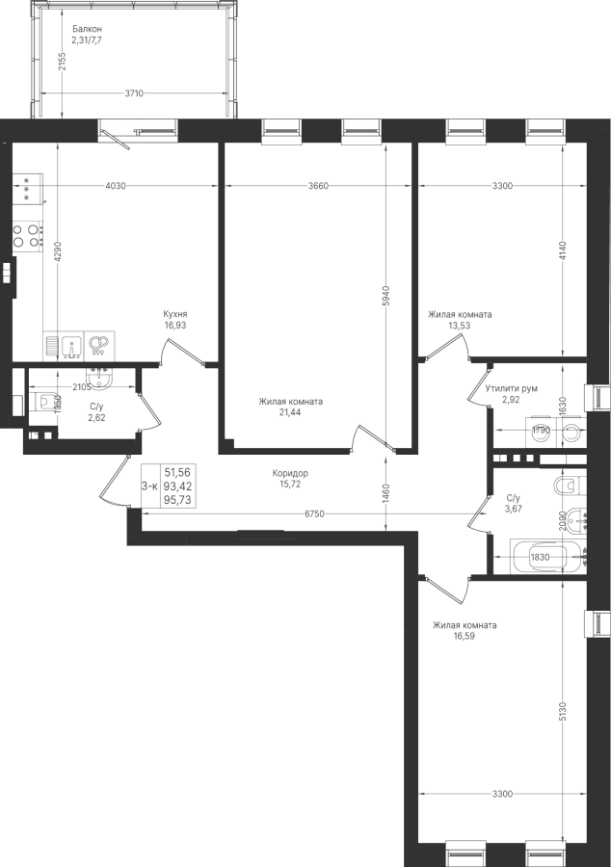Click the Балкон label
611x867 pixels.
click(x=87, y=29)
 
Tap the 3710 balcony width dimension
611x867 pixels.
click(x=134, y=93)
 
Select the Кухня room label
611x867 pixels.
click(x=174, y=314)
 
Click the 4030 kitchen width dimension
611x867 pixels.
click(x=116, y=186)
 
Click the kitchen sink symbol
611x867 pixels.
click(x=72, y=346)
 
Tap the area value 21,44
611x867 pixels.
click(x=290, y=412)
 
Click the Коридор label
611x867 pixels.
click(x=290, y=473)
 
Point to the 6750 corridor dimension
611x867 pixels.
click(x=314, y=514)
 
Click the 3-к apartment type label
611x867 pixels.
click(x=149, y=486)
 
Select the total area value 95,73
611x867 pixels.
click(x=177, y=500)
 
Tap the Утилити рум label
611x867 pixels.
click(x=512, y=389)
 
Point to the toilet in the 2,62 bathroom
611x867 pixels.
click(x=46, y=401)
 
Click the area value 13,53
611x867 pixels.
click(x=460, y=326)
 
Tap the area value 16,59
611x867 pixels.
click(x=465, y=637)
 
